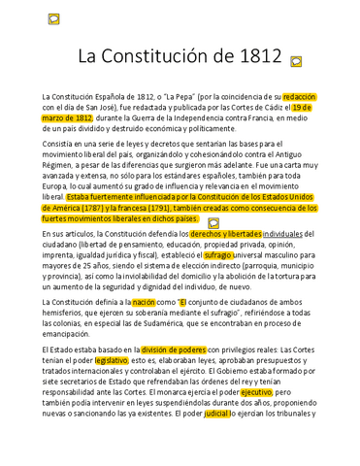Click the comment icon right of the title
coord(296,61)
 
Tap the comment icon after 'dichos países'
coord(213,222)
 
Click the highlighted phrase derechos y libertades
coord(226,234)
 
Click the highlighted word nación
coord(144,303)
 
